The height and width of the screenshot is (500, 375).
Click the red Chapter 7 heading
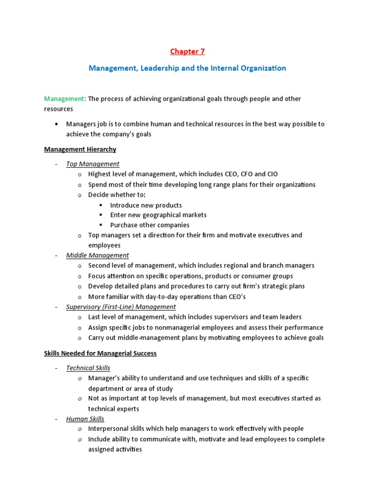tap(187, 51)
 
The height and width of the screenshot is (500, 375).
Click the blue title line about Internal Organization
tap(187, 68)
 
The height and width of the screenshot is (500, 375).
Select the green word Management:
tap(65, 99)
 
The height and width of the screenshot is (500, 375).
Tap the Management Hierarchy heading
tap(80, 149)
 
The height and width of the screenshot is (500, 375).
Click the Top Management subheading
tap(93, 164)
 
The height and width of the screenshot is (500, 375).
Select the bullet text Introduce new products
tap(146, 205)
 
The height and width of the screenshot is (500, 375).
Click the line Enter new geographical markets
tap(158, 215)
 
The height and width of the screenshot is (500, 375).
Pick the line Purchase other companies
tap(149, 225)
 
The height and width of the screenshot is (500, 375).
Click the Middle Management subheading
tap(98, 255)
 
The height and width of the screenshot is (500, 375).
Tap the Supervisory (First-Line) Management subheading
tap(121, 307)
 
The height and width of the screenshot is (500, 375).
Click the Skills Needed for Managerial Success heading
tap(100, 353)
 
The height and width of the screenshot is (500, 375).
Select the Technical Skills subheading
tap(88, 368)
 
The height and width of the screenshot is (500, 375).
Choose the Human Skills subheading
tap(85, 419)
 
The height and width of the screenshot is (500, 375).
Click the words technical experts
tap(113, 409)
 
